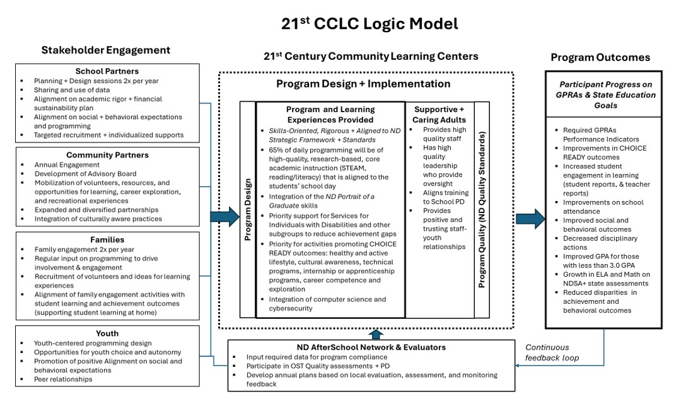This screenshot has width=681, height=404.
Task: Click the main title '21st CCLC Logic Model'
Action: click(x=370, y=24)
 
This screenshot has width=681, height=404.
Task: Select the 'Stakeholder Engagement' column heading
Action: click(x=106, y=50)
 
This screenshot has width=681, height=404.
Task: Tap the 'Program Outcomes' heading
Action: click(x=600, y=57)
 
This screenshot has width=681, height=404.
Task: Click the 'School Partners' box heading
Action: click(x=107, y=71)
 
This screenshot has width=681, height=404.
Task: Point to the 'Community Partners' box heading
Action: click(x=107, y=154)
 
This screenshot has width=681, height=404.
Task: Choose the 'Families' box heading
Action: click(x=107, y=240)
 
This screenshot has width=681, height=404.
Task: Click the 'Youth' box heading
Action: click(x=107, y=333)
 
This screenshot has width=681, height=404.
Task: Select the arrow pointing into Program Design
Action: click(x=224, y=217)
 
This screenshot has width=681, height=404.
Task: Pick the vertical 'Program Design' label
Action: click(x=248, y=210)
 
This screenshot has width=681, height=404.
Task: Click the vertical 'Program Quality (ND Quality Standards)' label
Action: click(x=482, y=210)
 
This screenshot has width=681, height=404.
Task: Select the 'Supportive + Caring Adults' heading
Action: click(x=439, y=114)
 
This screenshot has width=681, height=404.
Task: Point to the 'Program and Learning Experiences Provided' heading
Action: click(x=330, y=114)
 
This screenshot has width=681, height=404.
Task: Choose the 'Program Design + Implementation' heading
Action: click(x=363, y=84)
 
